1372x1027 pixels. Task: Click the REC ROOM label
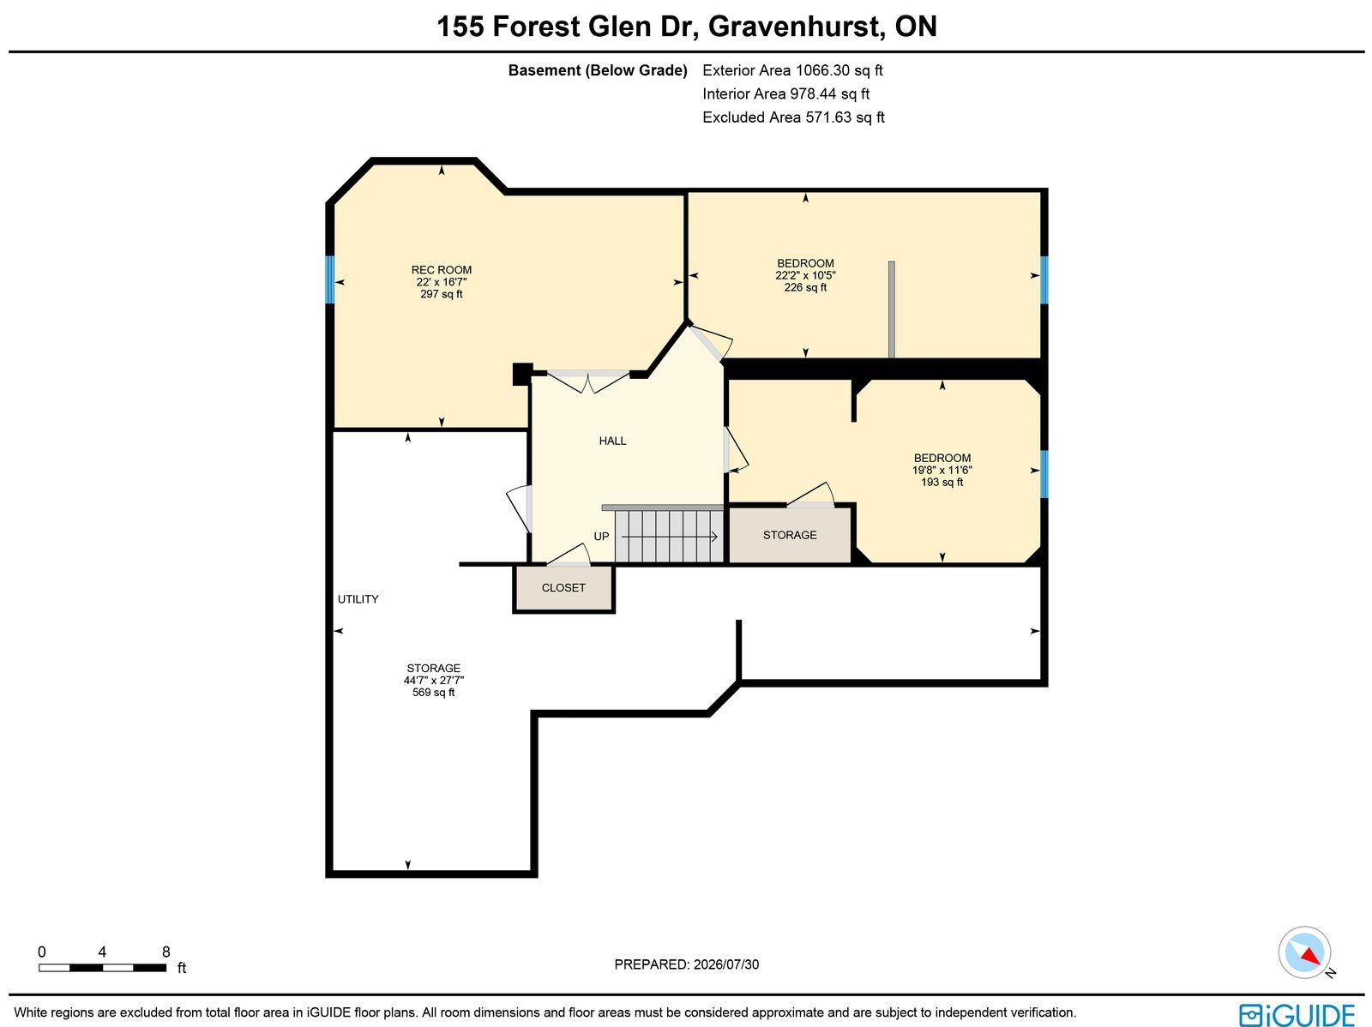tap(442, 270)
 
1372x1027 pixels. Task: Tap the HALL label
tap(612, 441)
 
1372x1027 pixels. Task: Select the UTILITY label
tap(358, 599)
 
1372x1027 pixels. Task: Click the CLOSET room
tap(563, 588)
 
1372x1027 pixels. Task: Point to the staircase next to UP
tap(670, 536)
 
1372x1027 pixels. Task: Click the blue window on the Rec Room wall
tap(330, 279)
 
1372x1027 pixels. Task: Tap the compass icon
tap(1304, 952)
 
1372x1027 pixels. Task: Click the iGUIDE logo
tap(1297, 1014)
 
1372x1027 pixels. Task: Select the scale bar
tap(103, 968)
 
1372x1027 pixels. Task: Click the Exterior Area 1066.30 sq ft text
tap(792, 70)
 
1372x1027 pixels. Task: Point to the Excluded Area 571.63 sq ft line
tap(793, 117)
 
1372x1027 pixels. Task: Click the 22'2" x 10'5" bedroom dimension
tap(806, 275)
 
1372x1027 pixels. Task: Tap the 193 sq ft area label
tap(942, 483)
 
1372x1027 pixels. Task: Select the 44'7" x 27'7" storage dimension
tap(434, 681)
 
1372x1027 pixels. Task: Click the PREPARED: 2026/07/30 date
tap(687, 964)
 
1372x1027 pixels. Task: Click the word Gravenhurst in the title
tap(796, 27)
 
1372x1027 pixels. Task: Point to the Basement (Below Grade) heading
tap(598, 70)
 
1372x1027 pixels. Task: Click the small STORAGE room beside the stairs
tap(790, 535)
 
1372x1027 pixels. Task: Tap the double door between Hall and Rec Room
tap(588, 381)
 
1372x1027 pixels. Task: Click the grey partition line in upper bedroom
tap(891, 309)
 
